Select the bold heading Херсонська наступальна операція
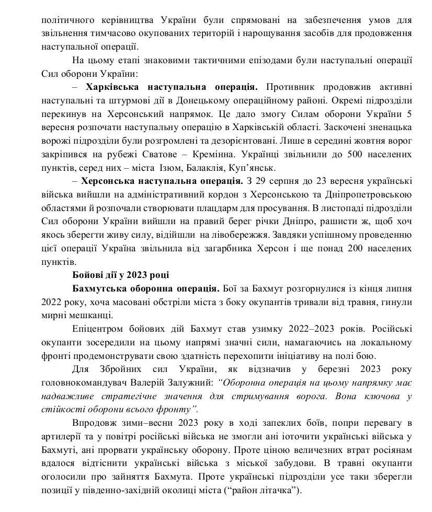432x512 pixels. [163, 181]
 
